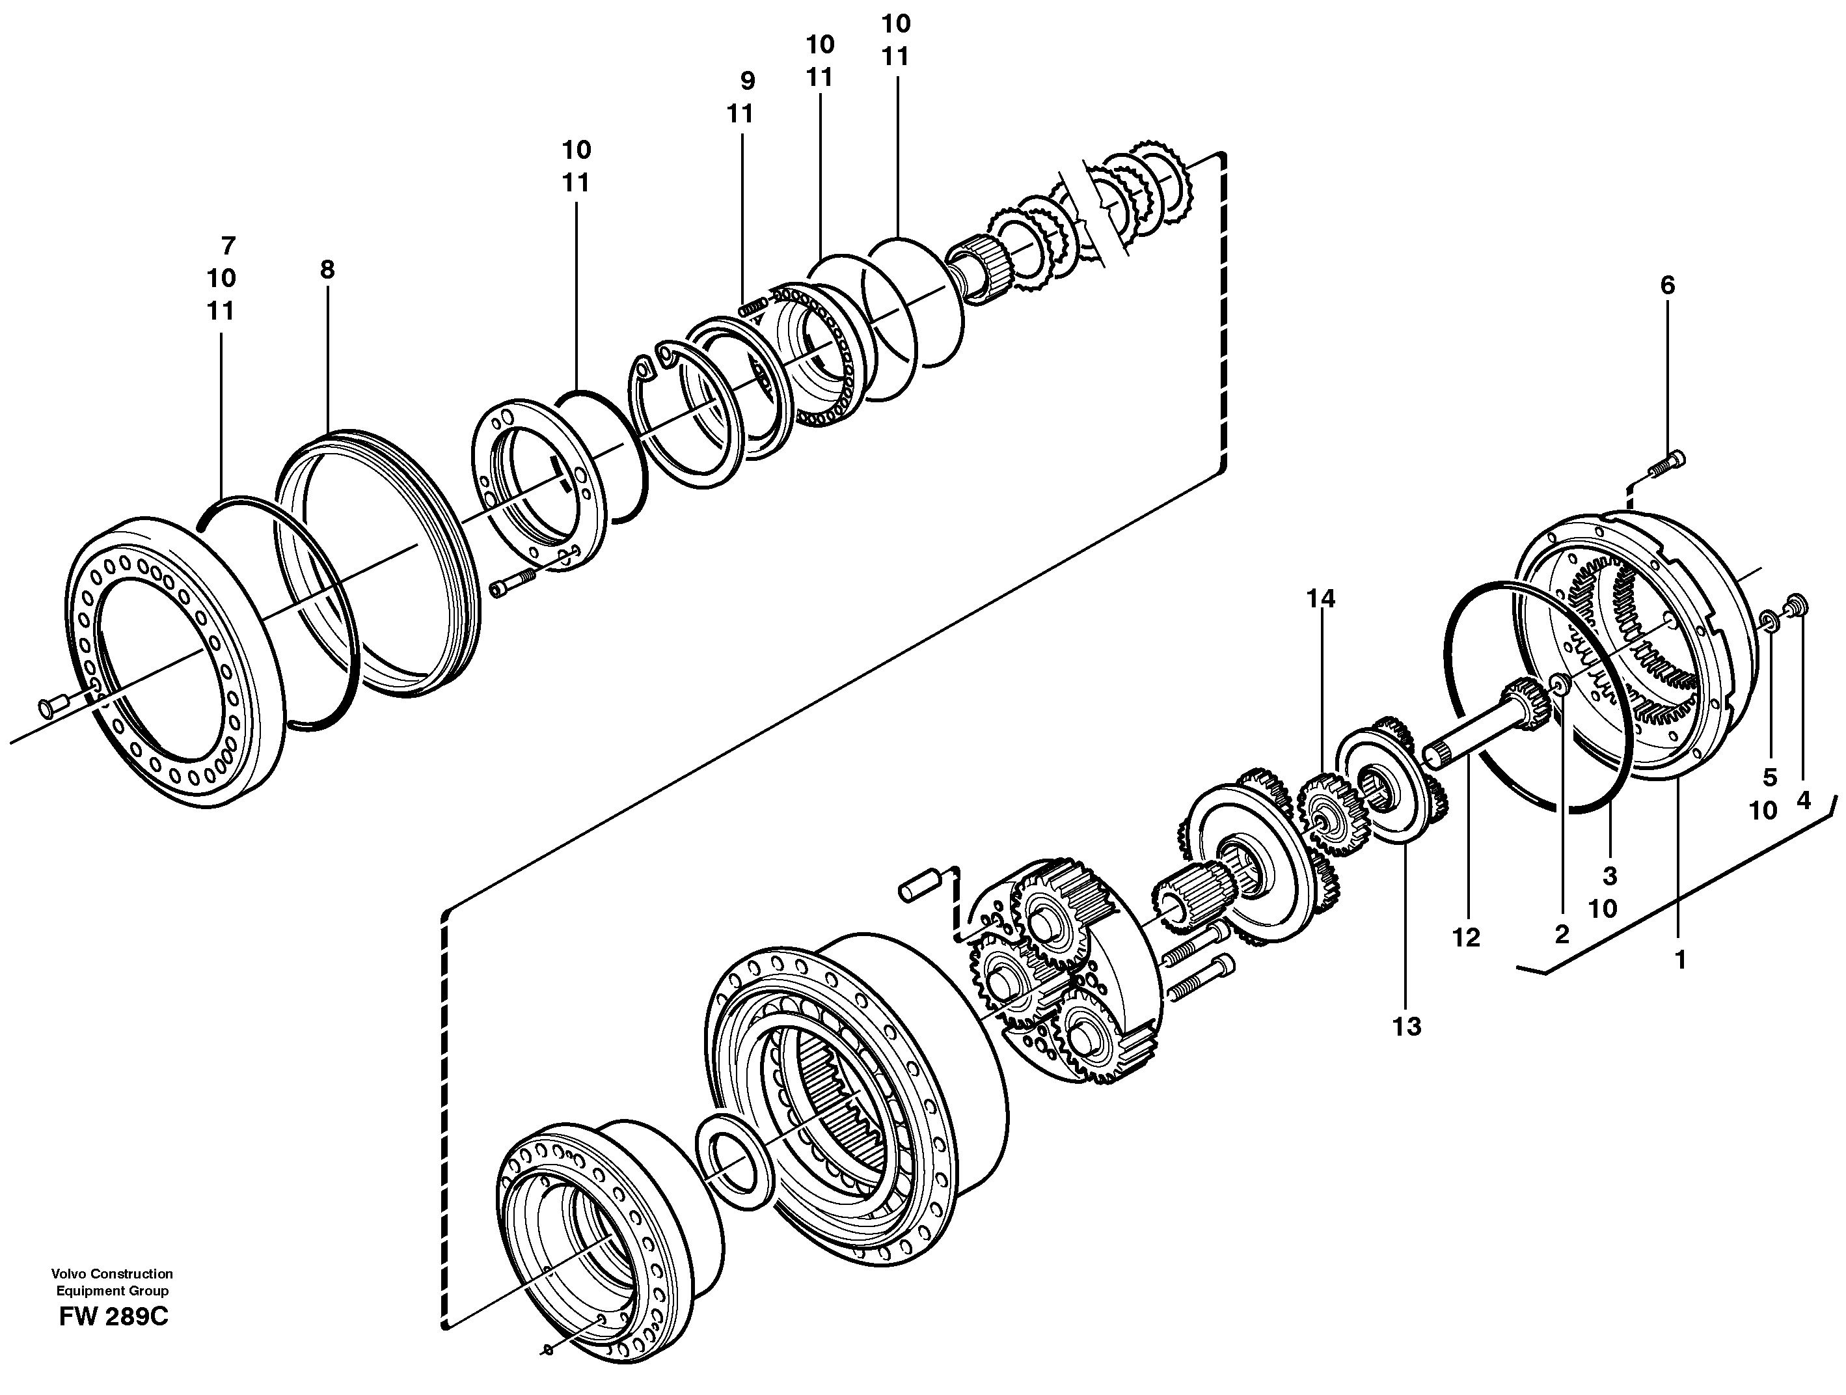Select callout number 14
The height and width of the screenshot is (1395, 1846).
pyautogui.click(x=1321, y=599)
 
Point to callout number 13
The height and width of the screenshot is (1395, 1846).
pyautogui.click(x=1406, y=1027)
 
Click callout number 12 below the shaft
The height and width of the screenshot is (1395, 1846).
pyautogui.click(x=1465, y=937)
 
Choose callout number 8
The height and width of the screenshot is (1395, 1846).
pyautogui.click(x=327, y=269)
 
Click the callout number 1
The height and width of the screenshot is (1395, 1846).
pyautogui.click(x=1681, y=960)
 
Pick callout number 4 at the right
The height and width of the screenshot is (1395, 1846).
pyautogui.click(x=1804, y=800)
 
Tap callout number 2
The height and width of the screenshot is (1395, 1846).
pyautogui.click(x=1562, y=934)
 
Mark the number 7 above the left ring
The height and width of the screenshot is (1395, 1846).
pyautogui.click(x=228, y=245)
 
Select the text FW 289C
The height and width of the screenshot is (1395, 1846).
pyautogui.click(x=113, y=1318)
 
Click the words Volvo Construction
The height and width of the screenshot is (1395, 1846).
pyautogui.click(x=112, y=1274)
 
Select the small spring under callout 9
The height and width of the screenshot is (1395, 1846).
pyautogui.click(x=753, y=307)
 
